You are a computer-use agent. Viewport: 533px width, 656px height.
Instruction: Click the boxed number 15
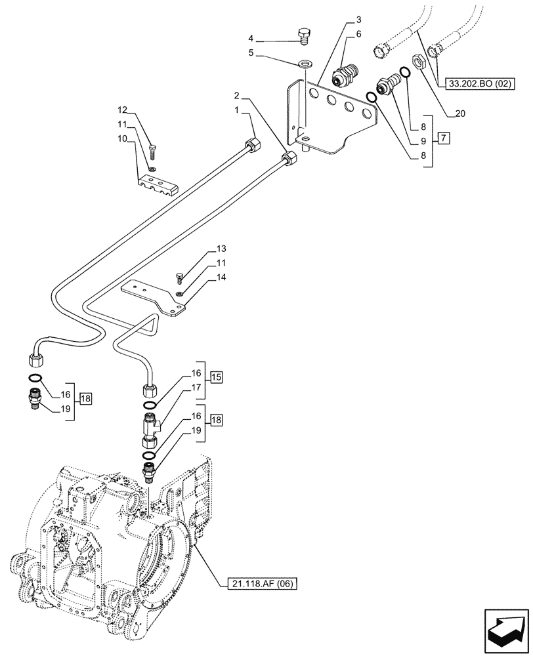[x=216, y=377]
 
